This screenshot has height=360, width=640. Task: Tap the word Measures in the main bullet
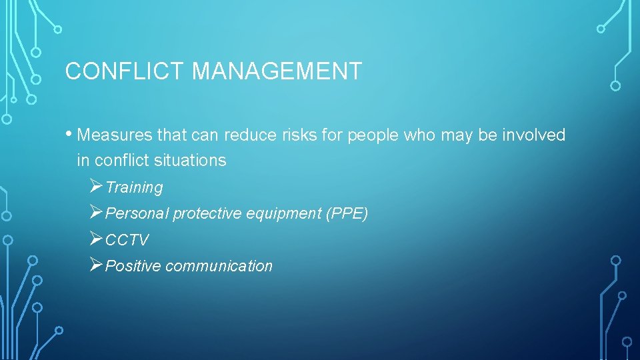coord(115,135)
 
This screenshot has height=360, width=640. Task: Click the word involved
coord(533,135)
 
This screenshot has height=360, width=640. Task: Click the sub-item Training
coord(134,188)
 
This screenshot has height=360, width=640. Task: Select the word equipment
coord(284,214)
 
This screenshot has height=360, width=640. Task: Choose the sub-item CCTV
coord(127,240)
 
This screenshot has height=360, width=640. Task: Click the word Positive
coord(133,266)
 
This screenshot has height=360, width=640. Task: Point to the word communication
coord(219,266)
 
